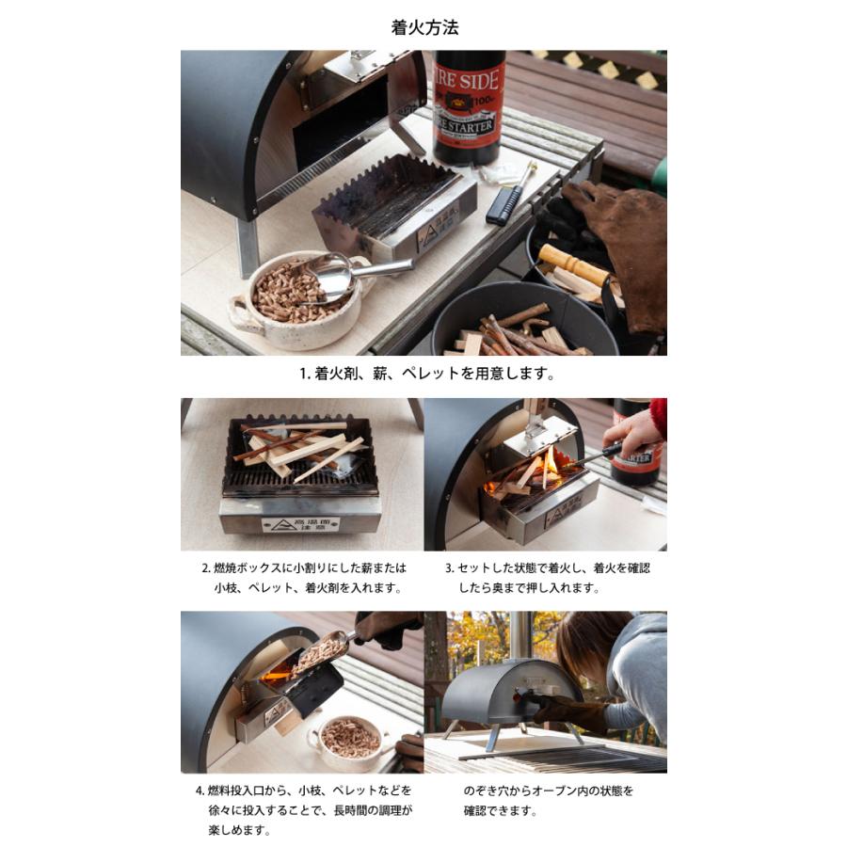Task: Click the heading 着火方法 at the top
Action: [424, 27]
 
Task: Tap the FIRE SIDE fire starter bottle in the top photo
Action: [468, 104]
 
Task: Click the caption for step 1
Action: [426, 374]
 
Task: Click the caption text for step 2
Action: [303, 578]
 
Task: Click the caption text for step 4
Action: [303, 810]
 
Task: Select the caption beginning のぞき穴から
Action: [547, 800]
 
